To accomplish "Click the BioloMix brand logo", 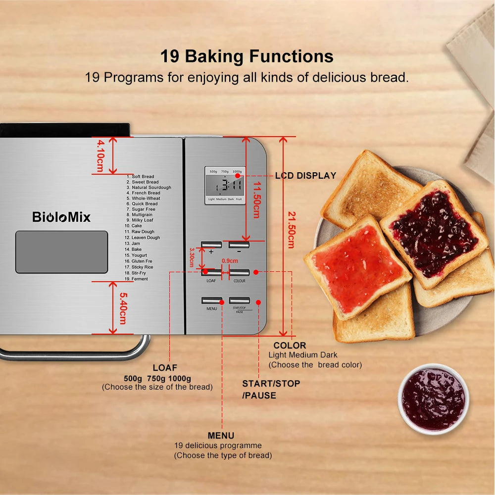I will point(61,217).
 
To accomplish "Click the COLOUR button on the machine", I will point(240,273).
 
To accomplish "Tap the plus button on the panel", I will point(211,245).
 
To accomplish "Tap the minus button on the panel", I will point(239,245).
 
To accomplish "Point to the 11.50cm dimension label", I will point(255,198).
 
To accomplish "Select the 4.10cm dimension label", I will point(100,155).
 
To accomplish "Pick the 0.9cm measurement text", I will point(230,261).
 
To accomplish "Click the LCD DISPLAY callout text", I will point(305,176).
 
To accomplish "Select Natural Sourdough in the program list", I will point(151,188).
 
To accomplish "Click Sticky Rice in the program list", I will point(142,267).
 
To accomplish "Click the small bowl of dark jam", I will point(433,398).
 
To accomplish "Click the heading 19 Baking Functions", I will point(247,56).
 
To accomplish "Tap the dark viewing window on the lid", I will point(61,252).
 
